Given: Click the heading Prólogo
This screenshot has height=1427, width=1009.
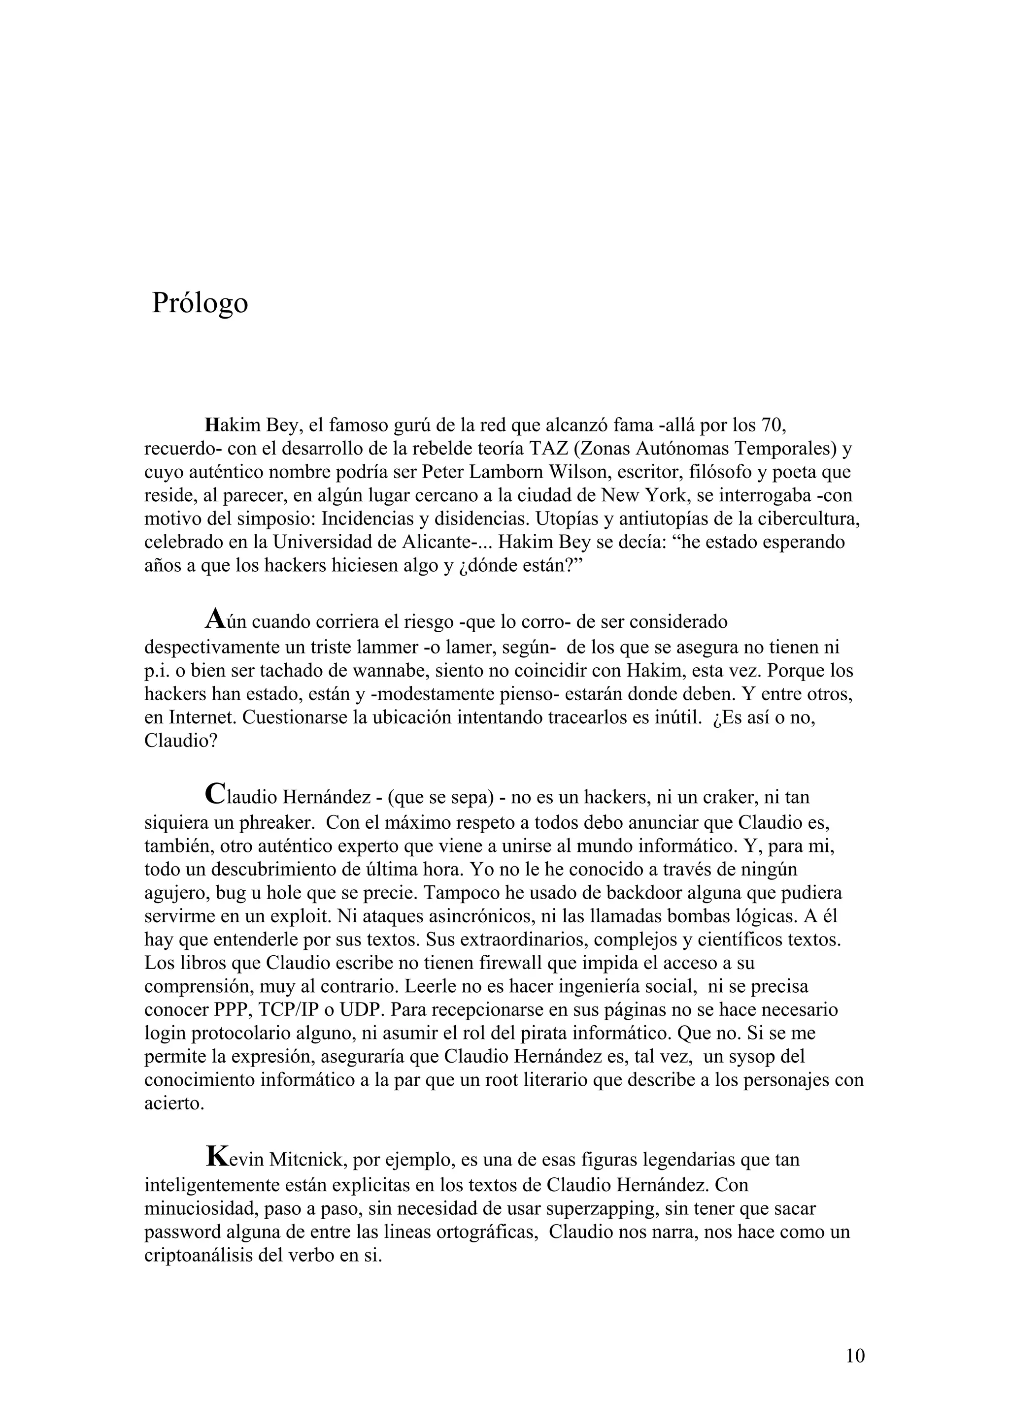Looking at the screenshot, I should pos(200,303).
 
